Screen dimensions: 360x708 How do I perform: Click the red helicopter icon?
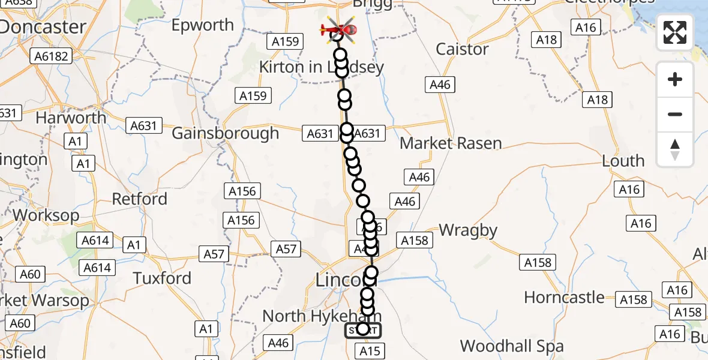coord(339,29)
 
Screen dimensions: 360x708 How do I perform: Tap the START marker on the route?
coord(362,329)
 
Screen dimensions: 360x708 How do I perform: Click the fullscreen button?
coord(675,32)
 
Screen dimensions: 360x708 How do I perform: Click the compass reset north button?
coord(675,149)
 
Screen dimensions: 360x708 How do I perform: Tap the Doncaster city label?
coord(43,27)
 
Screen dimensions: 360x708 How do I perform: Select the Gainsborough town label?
coord(226,133)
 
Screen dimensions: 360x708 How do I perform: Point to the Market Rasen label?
coord(451,143)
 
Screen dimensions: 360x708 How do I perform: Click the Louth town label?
coord(623,161)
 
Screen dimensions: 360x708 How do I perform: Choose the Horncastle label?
coord(564,297)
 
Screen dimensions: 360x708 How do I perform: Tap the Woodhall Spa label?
coord(512,346)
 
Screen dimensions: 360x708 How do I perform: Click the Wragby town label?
coord(468,230)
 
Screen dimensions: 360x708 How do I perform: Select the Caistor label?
coord(463,49)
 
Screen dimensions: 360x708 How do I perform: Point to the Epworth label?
coord(203,25)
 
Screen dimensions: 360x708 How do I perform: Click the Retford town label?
coord(140,199)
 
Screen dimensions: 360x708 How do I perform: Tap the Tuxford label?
coord(162,278)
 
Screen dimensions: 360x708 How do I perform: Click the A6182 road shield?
coord(53,56)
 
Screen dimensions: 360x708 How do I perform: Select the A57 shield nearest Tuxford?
coord(214,254)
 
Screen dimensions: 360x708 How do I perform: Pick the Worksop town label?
coord(46,215)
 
